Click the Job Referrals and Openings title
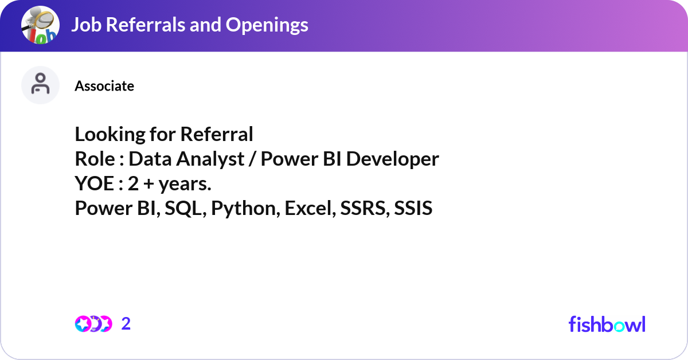tap(190, 25)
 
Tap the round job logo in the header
tap(40, 25)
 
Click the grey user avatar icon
tap(40, 85)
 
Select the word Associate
tap(104, 86)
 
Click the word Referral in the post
tap(216, 134)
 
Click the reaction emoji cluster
tap(93, 324)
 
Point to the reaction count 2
tap(126, 324)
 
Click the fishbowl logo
tap(607, 324)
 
